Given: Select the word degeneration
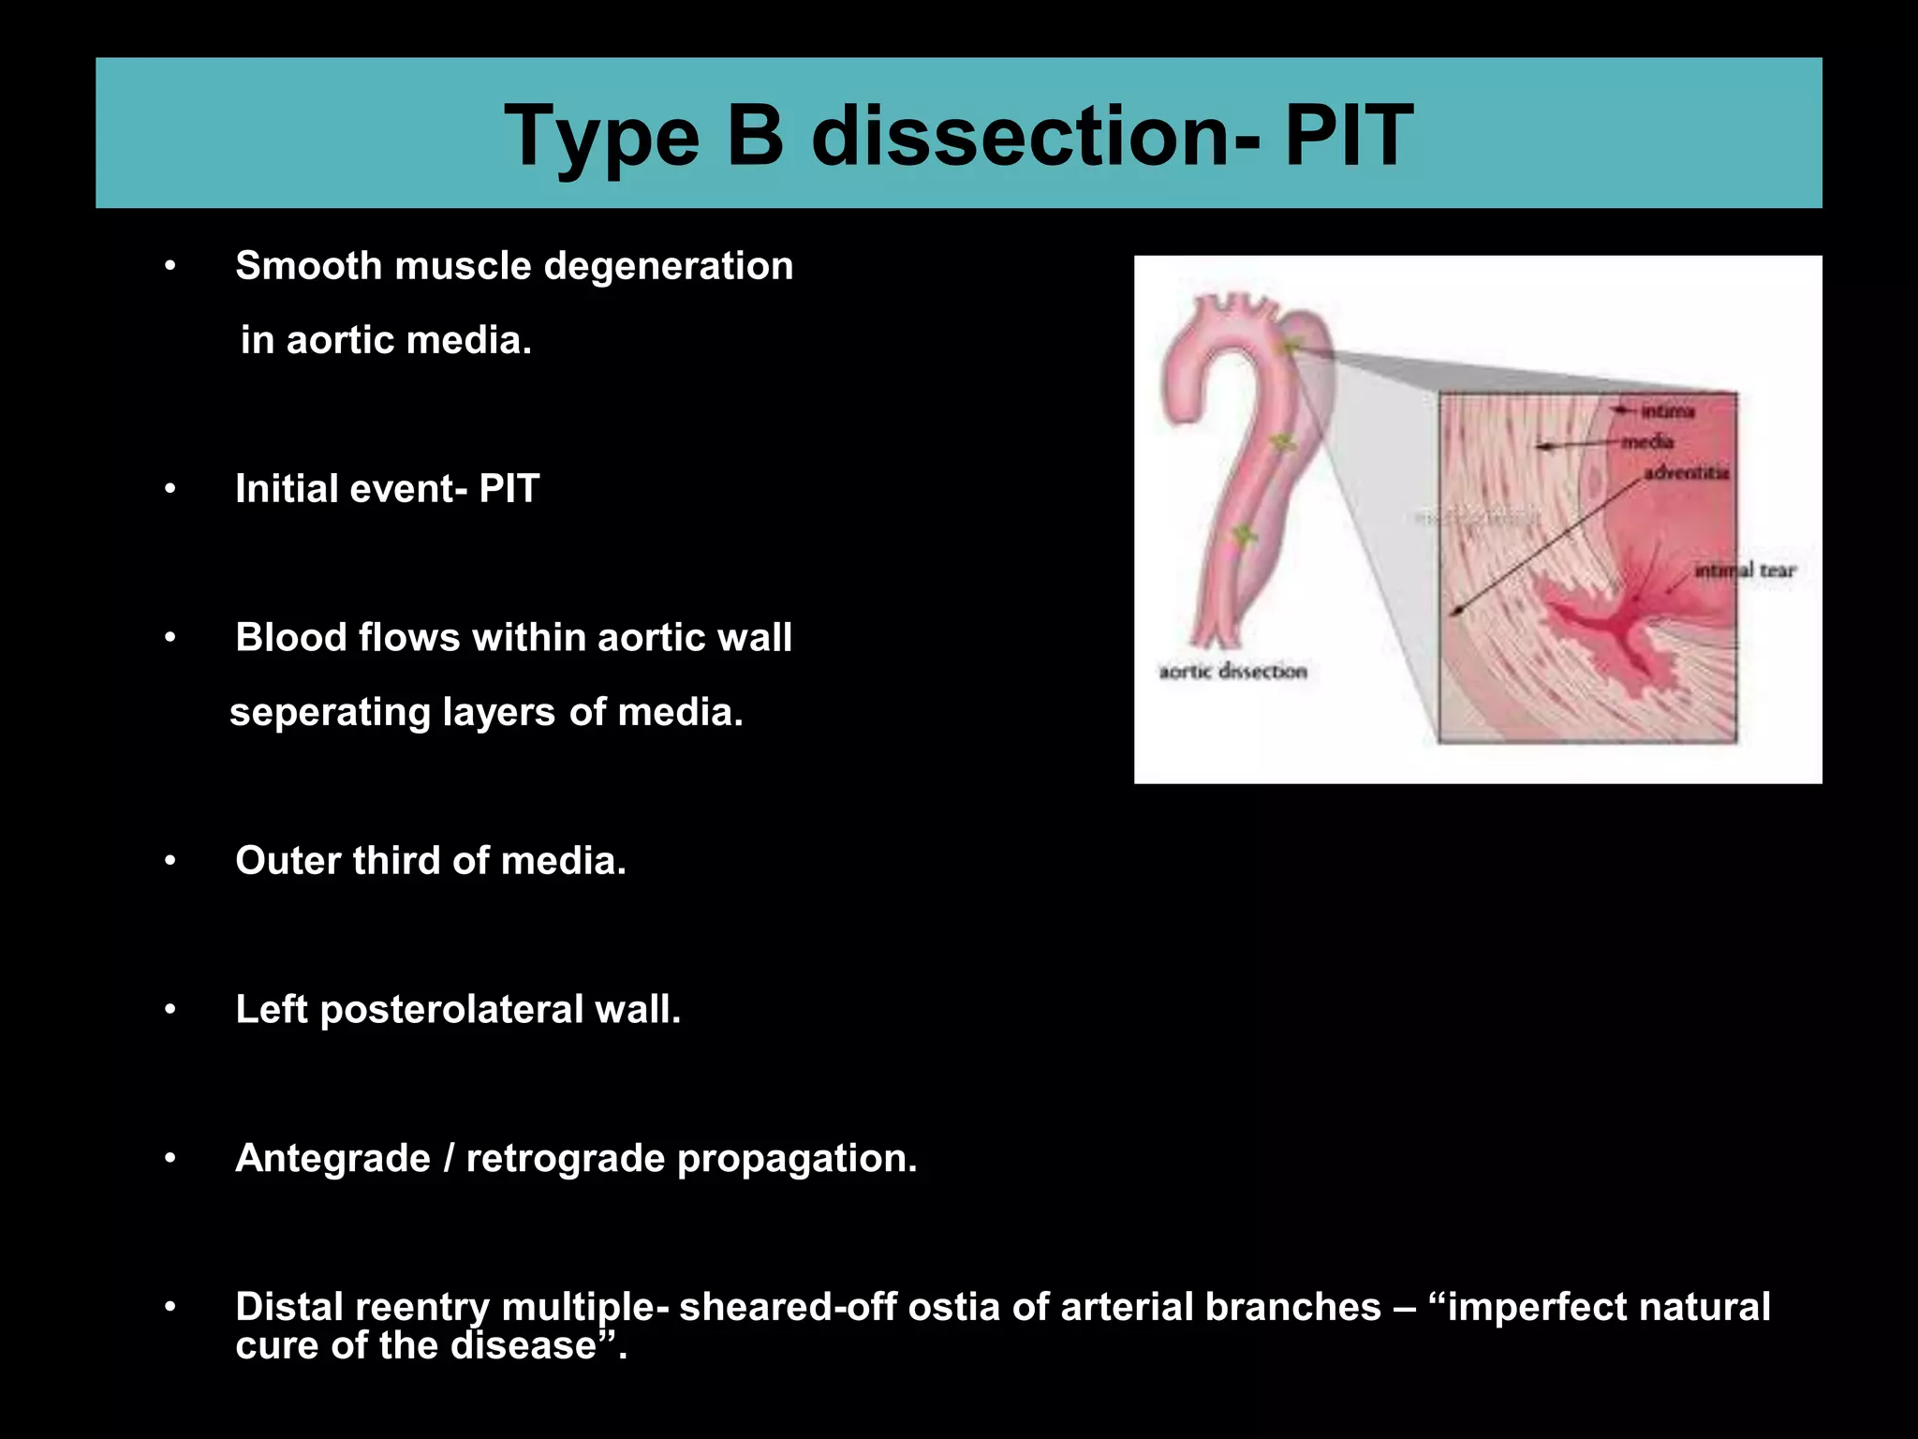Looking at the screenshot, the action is (668, 266).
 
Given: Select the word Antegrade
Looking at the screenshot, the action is (332, 1159).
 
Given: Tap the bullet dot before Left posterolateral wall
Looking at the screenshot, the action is (170, 1010).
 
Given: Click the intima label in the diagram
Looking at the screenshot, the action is (1667, 411).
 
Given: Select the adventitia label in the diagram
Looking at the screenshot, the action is (1686, 472).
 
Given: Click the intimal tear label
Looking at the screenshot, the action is (1745, 571).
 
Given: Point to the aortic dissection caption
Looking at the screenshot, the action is (1232, 671).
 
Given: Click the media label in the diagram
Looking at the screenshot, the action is (1647, 441).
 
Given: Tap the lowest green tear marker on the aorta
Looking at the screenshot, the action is (1243, 536).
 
